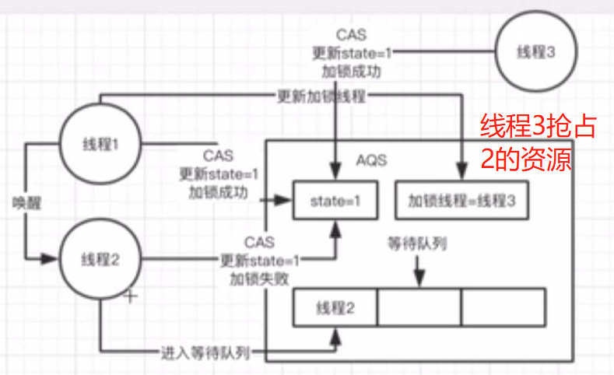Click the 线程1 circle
(100, 144)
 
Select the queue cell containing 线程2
(336, 307)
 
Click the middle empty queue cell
(419, 307)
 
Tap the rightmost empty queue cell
(503, 307)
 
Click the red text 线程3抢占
(538, 127)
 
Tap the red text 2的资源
(526, 159)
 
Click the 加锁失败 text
(259, 276)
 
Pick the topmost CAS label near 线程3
(347, 36)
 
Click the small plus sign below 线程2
(132, 296)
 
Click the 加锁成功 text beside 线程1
(218, 189)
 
